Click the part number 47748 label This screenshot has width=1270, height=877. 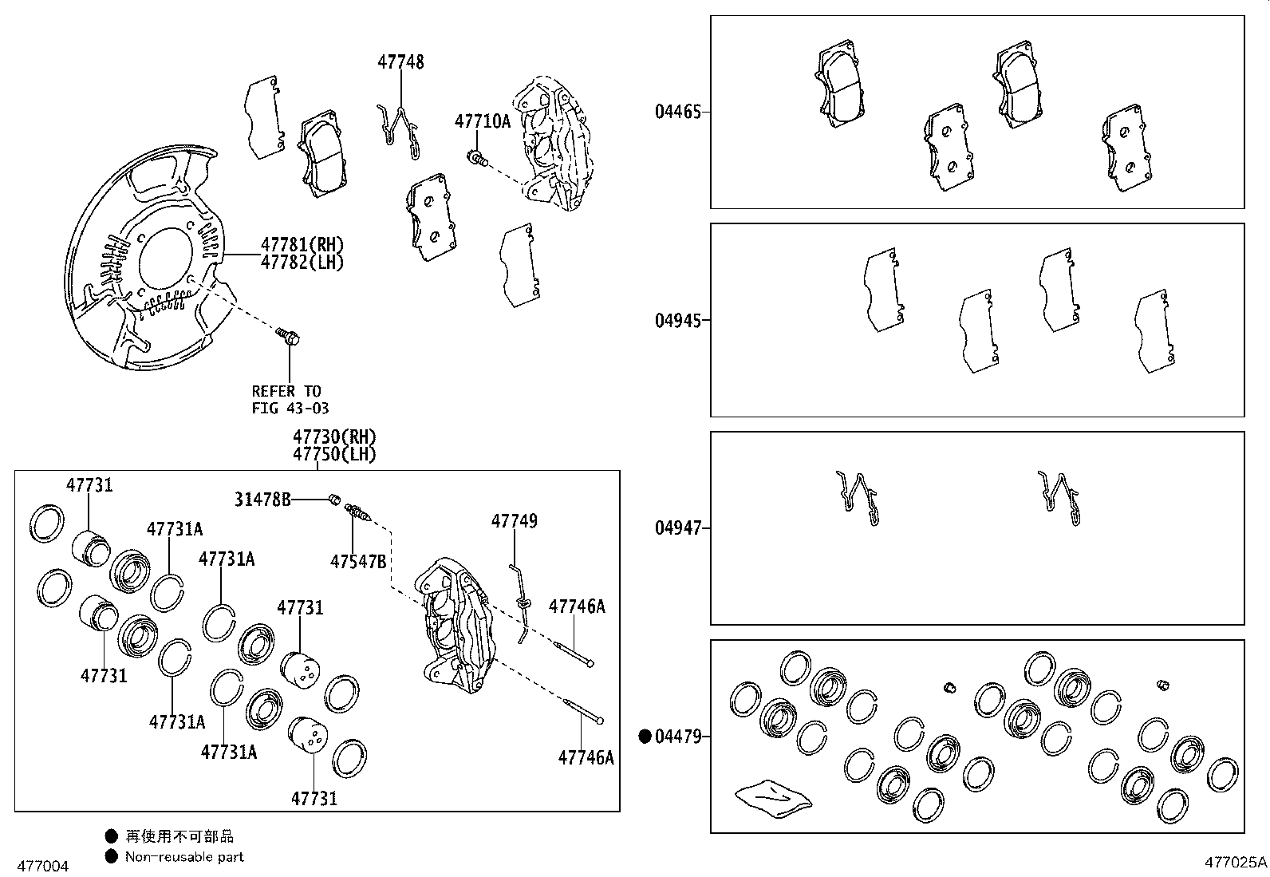coord(400,61)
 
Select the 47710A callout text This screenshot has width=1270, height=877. coord(482,121)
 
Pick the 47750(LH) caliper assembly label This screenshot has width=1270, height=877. coord(333,454)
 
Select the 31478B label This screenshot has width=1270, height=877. coord(262,500)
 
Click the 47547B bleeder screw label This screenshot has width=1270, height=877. coord(358,562)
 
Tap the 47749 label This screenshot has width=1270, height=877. coord(514,521)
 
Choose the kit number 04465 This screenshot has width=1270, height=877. coord(678,112)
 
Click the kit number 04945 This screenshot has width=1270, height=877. coord(678,321)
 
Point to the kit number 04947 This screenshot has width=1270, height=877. coord(678,528)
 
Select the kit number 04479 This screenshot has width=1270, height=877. coord(678,737)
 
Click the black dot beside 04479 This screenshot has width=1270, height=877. coord(645,737)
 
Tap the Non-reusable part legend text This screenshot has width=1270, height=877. coord(184,857)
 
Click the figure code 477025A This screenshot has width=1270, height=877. coord(1235,862)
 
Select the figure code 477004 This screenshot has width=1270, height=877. coord(43,866)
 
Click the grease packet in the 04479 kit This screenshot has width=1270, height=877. coord(772,796)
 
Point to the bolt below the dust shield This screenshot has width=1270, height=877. coord(288,336)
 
